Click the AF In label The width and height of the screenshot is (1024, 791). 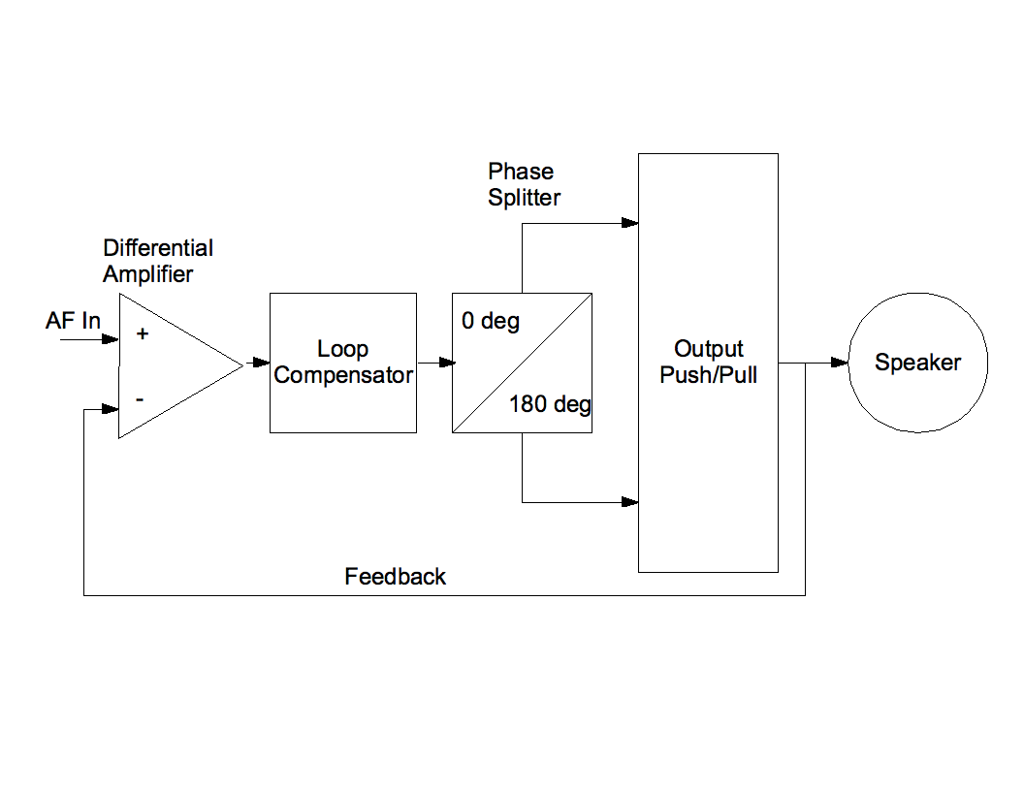73,321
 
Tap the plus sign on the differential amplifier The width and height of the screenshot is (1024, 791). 143,334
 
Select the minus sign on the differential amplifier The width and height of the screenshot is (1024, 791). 141,398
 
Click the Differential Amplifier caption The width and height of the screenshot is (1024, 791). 158,261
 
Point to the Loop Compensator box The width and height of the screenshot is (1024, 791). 343,362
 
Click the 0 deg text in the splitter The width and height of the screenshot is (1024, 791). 491,321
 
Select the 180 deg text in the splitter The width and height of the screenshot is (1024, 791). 550,404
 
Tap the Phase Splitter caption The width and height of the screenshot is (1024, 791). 524,184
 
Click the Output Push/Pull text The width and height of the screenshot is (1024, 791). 708,362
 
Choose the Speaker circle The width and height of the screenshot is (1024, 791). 917,363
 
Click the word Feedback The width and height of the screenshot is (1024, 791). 395,577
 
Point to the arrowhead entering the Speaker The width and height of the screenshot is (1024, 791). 841,363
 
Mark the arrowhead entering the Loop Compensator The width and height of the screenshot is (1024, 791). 262,363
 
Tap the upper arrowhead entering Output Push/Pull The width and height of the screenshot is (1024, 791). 630,223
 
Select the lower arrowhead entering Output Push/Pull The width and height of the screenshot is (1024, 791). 630,502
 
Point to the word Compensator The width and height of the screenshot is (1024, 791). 343,375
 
